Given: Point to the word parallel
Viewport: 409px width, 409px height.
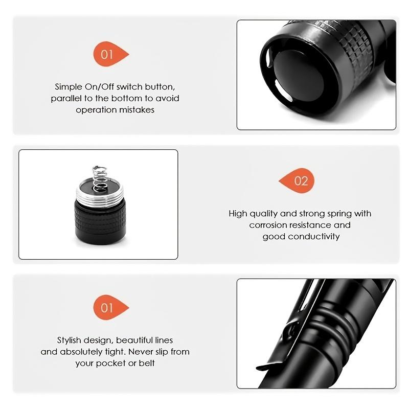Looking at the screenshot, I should [69, 98].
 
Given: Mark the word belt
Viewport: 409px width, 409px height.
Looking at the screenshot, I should [146, 363].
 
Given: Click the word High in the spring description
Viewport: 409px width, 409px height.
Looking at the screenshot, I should [238, 214].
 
